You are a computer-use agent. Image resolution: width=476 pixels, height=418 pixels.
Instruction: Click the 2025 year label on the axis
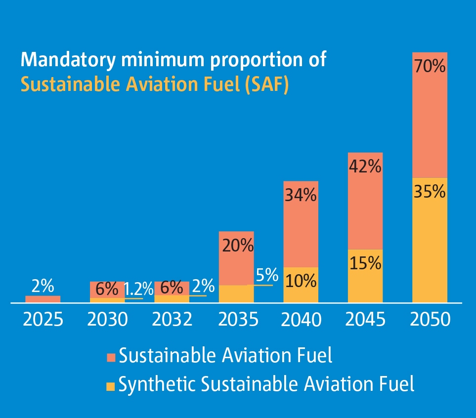click(x=43, y=320)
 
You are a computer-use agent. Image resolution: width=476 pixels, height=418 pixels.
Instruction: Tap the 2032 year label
click(x=172, y=320)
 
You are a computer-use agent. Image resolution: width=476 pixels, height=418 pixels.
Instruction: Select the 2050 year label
click(x=430, y=320)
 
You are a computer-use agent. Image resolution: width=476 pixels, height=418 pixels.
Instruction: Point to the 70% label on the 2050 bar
click(x=430, y=66)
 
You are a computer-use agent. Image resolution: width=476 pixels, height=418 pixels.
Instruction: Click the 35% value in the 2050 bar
click(x=430, y=191)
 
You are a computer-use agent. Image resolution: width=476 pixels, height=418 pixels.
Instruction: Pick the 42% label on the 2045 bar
click(x=365, y=166)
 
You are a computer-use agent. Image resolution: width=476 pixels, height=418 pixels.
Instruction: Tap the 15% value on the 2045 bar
click(x=365, y=263)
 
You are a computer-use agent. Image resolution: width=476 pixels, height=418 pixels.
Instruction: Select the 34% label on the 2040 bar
click(x=301, y=195)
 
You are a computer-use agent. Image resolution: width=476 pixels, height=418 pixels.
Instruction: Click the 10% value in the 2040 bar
click(x=301, y=281)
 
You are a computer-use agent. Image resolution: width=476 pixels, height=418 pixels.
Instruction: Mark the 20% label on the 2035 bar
click(x=236, y=245)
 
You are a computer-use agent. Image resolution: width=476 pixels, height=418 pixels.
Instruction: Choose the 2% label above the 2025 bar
click(x=43, y=286)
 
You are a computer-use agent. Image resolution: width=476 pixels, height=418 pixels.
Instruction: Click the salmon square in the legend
click(x=111, y=357)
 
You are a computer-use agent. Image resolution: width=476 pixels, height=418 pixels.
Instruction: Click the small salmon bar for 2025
click(x=43, y=299)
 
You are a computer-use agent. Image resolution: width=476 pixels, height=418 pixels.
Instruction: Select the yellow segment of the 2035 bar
click(x=236, y=293)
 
